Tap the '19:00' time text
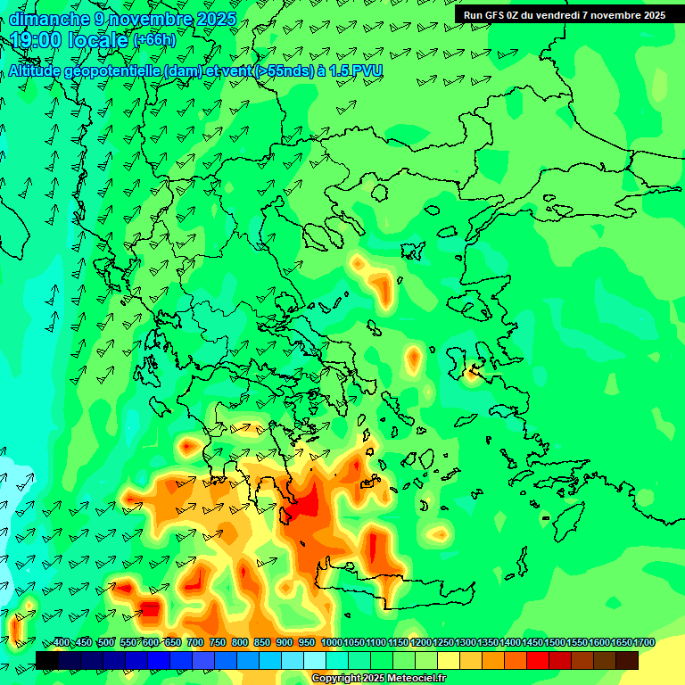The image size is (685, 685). pyautogui.click(x=40, y=40)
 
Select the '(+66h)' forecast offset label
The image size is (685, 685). pyautogui.click(x=154, y=40)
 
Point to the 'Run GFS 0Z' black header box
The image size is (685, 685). pyautogui.click(x=565, y=15)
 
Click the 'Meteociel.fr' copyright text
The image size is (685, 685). pyautogui.click(x=417, y=679)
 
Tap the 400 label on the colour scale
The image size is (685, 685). pyautogui.click(x=62, y=643)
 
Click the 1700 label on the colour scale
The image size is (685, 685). pyautogui.click(x=644, y=643)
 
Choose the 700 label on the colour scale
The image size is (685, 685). pyautogui.click(x=195, y=643)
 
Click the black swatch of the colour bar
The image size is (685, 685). pyautogui.click(x=47, y=660)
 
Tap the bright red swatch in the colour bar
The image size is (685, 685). pyautogui.click(x=538, y=660)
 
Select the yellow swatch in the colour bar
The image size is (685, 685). pyautogui.click(x=449, y=660)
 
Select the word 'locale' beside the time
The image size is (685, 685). pyautogui.click(x=97, y=40)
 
